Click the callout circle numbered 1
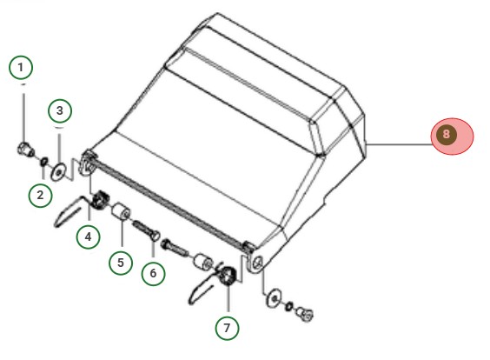21,67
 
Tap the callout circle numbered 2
40,195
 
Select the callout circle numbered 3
60,110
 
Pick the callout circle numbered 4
89,237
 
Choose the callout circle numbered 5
121,263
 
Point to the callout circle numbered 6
153,273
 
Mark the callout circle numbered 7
227,328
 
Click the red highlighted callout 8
452,136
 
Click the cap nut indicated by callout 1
25,149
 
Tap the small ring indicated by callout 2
44,162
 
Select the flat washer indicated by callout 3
58,171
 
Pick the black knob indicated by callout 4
99,200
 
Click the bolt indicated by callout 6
146,230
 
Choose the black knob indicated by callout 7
228,276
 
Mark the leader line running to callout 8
399,144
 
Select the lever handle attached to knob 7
206,286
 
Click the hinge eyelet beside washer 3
88,163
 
